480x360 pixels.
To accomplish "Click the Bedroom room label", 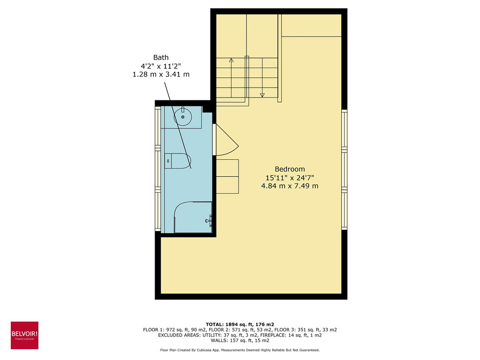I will tap(289, 169).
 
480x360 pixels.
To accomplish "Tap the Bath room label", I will tap(161, 58).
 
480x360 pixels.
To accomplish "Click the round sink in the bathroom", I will tap(183, 116).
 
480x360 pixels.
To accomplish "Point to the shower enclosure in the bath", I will tap(192, 217).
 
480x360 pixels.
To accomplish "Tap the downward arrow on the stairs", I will tap(262, 95).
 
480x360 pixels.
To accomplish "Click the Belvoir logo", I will tap(24, 335).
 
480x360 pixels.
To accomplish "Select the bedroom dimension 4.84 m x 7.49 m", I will tap(289, 186).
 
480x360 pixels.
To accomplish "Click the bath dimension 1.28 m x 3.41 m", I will tap(161, 75).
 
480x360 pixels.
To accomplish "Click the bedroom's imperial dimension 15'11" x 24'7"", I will tap(289, 178).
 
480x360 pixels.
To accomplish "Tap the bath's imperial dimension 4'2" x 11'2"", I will tap(161, 66).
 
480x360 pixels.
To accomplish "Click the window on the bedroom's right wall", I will tap(344, 169).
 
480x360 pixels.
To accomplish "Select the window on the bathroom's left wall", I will tap(158, 169).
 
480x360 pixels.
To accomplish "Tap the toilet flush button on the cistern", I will tap(167, 161).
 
